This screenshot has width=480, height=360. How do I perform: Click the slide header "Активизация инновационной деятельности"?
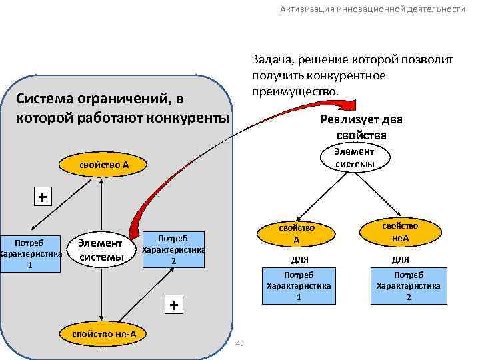point(372,9)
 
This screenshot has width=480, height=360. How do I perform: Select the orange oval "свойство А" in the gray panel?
point(103,164)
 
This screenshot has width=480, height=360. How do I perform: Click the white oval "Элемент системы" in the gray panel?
point(100,250)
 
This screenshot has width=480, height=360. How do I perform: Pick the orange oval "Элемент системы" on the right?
point(355,159)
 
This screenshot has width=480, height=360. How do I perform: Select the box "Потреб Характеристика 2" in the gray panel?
point(173,249)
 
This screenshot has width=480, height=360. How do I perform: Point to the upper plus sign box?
point(43,197)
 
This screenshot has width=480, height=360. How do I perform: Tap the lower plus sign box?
point(173,305)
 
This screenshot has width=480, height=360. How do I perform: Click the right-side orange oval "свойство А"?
point(297,234)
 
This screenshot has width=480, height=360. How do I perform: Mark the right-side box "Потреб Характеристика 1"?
point(299,285)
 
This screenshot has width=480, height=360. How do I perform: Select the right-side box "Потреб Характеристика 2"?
point(409,285)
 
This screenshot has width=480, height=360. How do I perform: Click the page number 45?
point(241,343)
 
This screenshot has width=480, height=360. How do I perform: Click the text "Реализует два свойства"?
point(361,127)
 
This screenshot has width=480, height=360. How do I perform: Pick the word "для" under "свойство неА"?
point(400,259)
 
